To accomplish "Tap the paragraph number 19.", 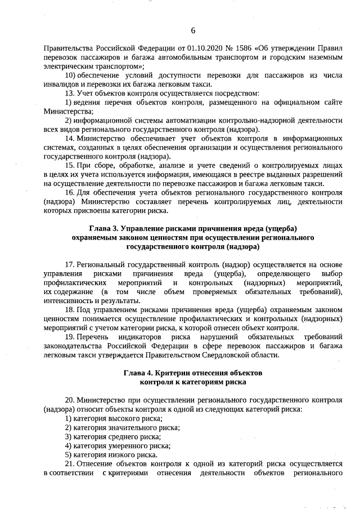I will tap(70, 336).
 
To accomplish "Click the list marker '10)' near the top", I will tap(71, 75).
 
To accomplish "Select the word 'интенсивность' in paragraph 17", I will tap(67, 301).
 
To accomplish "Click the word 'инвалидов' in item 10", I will tap(61, 84).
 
